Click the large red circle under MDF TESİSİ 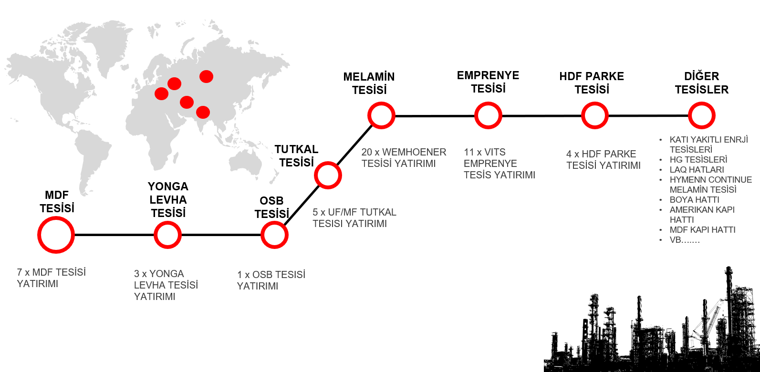[56, 235]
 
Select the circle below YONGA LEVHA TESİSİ [168, 235]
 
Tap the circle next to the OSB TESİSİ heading [275, 235]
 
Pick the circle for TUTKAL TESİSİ [328, 176]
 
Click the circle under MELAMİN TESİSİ [381, 115]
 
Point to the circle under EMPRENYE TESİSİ [488, 115]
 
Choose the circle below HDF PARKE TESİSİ [595, 115]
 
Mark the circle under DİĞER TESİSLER [702, 115]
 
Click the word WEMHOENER [414, 152]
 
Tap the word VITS [495, 152]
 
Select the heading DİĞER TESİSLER [702, 83]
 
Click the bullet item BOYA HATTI [695, 200]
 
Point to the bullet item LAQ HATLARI [697, 170]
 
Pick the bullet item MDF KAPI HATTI [703, 230]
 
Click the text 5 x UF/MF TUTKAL [354, 212]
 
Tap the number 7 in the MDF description [20, 272]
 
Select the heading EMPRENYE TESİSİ [488, 82]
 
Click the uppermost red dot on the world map [206, 76]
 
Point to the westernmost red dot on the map [162, 93]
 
